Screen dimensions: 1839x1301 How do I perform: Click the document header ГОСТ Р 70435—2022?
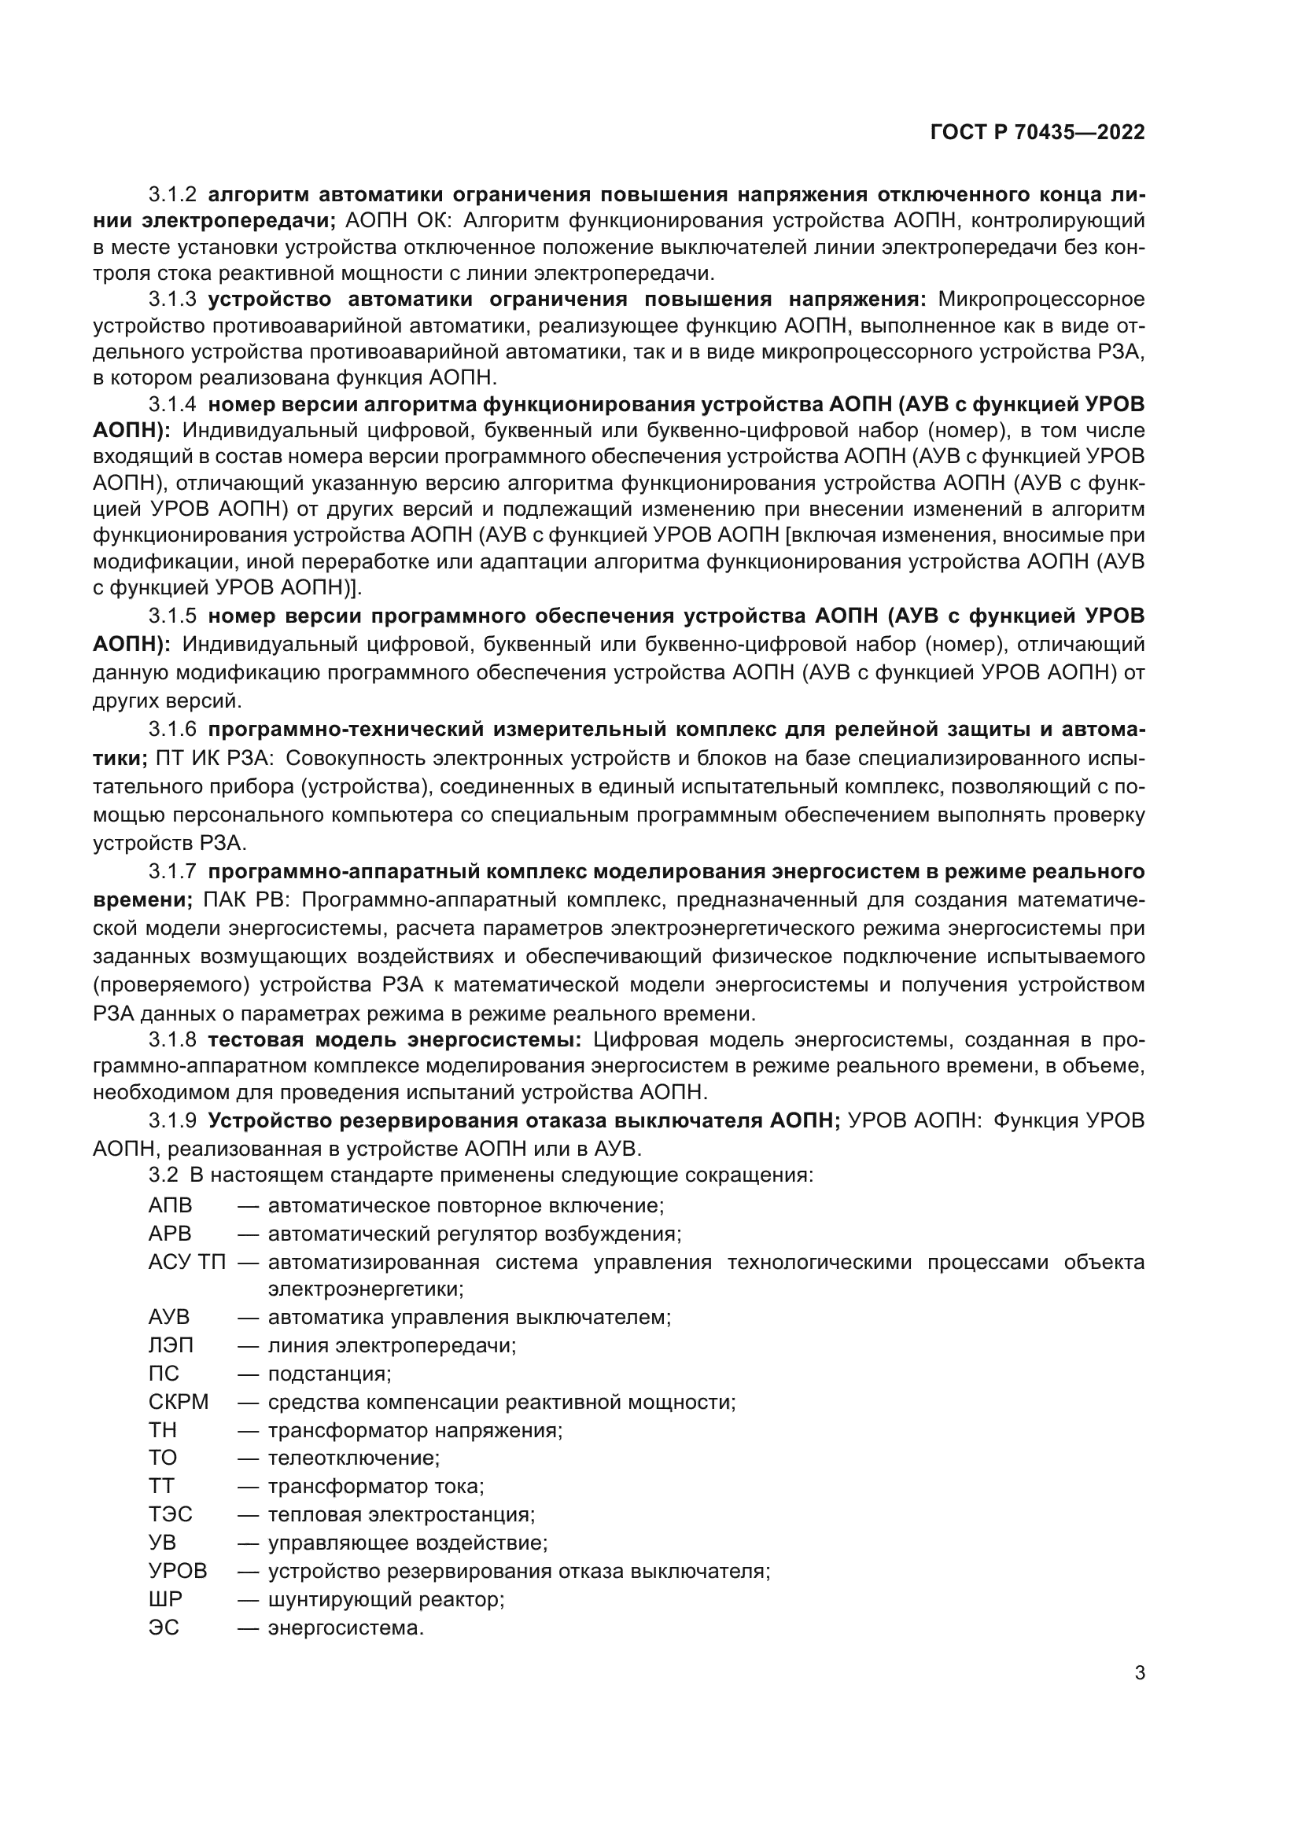click(1037, 133)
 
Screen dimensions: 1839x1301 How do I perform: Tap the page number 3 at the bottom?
click(1139, 1673)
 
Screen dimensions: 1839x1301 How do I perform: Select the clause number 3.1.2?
click(172, 195)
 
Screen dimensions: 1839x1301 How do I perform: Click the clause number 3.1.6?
click(172, 730)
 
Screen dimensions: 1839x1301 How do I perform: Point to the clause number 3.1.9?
click(172, 1120)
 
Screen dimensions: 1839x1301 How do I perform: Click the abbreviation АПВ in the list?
click(170, 1205)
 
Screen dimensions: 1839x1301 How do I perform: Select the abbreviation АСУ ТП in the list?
click(186, 1263)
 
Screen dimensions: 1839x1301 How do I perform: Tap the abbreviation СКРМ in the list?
click(178, 1403)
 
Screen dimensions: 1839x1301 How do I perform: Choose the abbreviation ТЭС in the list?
click(170, 1514)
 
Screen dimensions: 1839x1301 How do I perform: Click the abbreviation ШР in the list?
click(165, 1598)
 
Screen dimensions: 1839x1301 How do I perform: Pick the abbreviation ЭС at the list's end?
click(164, 1628)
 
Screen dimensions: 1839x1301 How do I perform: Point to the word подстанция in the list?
click(329, 1374)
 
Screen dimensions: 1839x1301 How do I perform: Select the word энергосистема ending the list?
click(345, 1628)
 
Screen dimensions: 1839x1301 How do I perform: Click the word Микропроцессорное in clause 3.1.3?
click(1041, 300)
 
